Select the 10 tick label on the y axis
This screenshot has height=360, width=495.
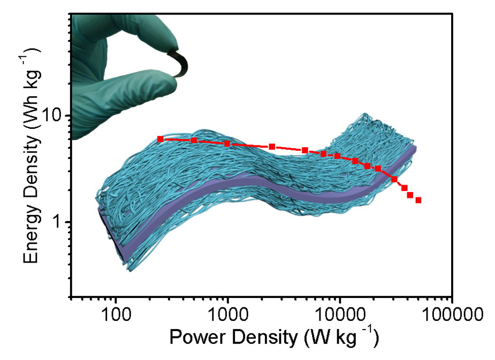(55, 116)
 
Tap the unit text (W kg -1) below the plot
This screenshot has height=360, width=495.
(340, 338)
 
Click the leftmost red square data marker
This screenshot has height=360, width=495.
(160, 139)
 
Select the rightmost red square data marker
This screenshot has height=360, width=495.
(418, 200)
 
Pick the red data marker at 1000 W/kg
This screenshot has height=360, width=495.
(227, 143)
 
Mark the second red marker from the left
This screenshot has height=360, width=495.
(194, 141)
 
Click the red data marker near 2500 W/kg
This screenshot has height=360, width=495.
(272, 147)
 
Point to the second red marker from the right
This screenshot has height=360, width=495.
(410, 195)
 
